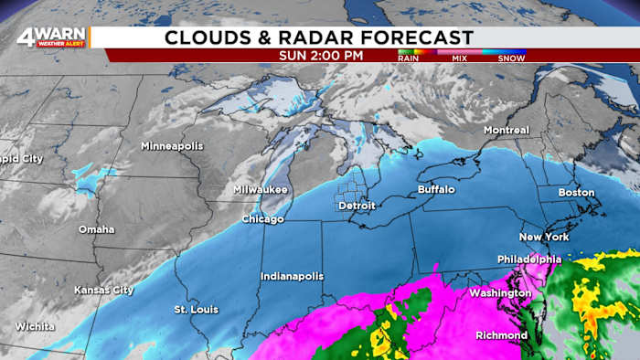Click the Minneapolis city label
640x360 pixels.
pyautogui.click(x=171, y=146)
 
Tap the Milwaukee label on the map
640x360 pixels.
pyautogui.click(x=261, y=190)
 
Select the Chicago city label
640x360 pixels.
pyautogui.click(x=262, y=219)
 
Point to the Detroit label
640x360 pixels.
pyautogui.click(x=357, y=206)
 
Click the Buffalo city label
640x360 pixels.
pyautogui.click(x=435, y=189)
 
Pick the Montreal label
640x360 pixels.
pyautogui.click(x=507, y=131)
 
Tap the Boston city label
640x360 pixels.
pyautogui.click(x=576, y=193)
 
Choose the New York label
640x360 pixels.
pyautogui.click(x=544, y=237)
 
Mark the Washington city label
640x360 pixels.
pyautogui.click(x=499, y=293)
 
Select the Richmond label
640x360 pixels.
pyautogui.click(x=501, y=335)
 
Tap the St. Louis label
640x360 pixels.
pyautogui.click(x=196, y=310)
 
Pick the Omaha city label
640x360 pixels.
pyautogui.click(x=96, y=229)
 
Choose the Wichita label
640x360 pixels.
pyautogui.click(x=35, y=326)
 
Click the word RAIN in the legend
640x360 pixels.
pyautogui.click(x=409, y=58)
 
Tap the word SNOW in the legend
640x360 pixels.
pyautogui.click(x=511, y=58)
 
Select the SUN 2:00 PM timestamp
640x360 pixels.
pyautogui.click(x=321, y=56)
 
